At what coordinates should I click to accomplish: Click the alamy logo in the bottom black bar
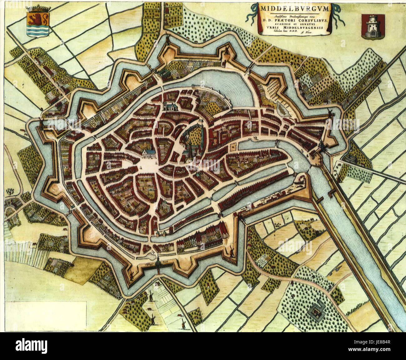31,346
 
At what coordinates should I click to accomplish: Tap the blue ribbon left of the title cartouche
251,14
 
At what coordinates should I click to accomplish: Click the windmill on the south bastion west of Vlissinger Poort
131,275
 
